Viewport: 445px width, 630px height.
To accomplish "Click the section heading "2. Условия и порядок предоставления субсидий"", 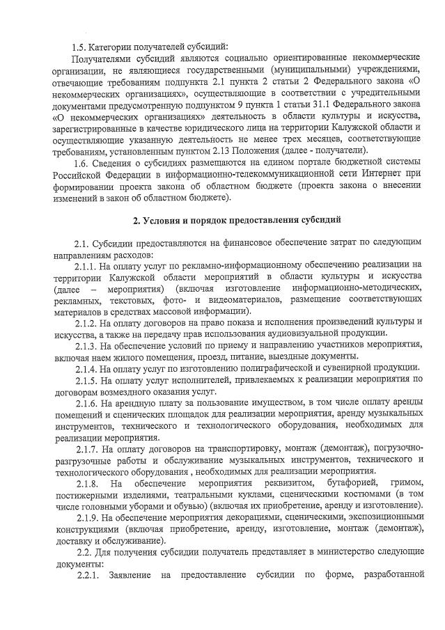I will (x=237, y=221).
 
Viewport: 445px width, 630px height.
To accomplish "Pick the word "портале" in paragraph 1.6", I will (x=286, y=162).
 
